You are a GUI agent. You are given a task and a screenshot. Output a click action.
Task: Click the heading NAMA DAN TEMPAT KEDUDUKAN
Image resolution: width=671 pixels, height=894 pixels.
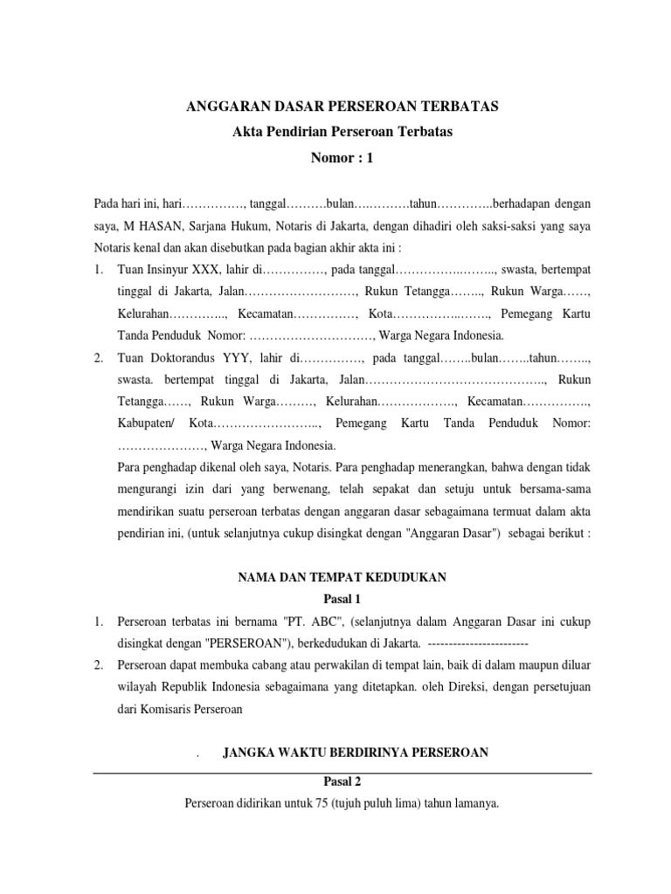pos(342,576)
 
